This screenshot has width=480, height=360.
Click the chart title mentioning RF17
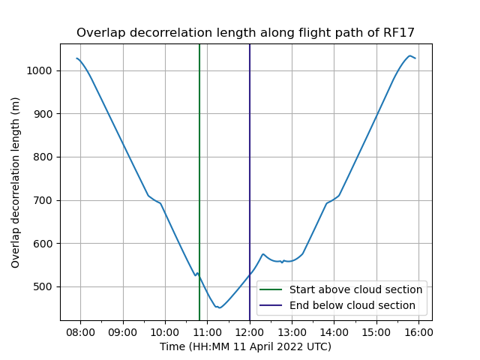(245, 32)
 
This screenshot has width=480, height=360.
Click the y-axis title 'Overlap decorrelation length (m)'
(16, 182)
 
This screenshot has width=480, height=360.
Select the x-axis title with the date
(245, 346)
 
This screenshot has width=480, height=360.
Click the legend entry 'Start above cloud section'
(355, 289)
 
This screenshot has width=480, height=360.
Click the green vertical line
(199, 150)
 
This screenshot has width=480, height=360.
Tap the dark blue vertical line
(250, 150)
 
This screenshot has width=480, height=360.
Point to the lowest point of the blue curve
(220, 307)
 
